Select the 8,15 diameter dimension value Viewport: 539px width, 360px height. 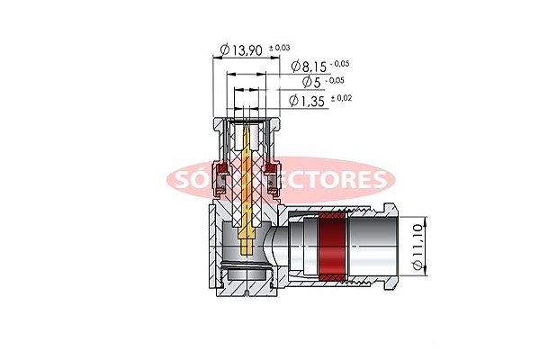pos(314,66)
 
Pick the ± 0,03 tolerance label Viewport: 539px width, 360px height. pos(281,46)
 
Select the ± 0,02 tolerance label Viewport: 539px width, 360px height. pos(342,97)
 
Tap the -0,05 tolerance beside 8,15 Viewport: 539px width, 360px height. pos(340,64)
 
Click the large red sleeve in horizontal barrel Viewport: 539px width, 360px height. pos(332,245)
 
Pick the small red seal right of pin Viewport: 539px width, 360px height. pos(273,167)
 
